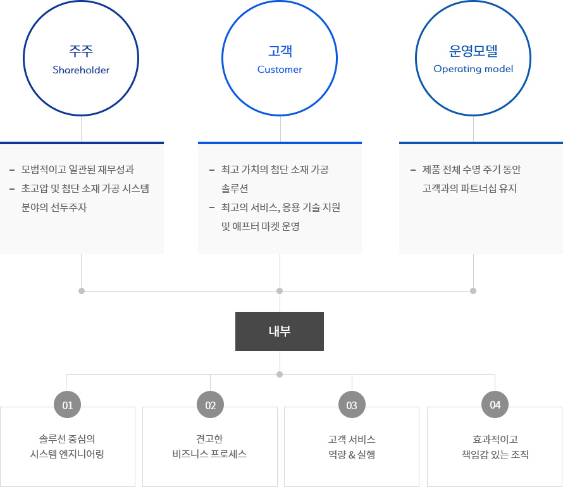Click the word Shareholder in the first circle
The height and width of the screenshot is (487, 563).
[81, 70]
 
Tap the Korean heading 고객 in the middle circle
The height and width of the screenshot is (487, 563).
[280, 51]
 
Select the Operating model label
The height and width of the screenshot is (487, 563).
[473, 69]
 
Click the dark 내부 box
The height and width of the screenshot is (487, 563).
[280, 331]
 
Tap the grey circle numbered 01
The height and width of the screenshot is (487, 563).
[68, 405]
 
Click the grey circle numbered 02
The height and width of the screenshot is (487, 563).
[210, 405]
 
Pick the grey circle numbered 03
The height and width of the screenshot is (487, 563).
[352, 405]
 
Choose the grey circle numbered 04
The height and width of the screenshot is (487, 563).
[495, 405]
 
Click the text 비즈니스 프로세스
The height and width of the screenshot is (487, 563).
[209, 454]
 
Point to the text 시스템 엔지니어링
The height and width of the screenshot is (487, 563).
[67, 454]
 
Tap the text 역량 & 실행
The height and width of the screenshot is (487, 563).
[352, 454]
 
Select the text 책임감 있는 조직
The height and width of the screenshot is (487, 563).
[495, 454]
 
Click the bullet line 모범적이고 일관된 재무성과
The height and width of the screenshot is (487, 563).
[77, 170]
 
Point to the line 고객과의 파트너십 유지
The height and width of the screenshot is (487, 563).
[471, 188]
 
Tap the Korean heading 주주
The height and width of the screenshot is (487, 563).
[81, 51]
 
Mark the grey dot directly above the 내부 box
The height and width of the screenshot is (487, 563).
[280, 291]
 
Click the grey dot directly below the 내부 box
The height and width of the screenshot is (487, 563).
[280, 374]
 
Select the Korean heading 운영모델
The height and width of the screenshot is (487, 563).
[473, 51]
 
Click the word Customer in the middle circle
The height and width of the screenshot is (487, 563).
[280, 70]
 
